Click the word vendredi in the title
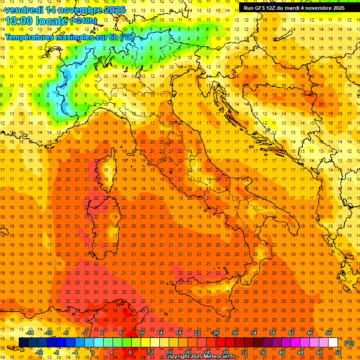(24, 10)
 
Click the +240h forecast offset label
(83, 21)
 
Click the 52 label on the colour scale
(338, 352)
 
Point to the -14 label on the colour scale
(30, 333)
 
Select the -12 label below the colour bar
(39, 352)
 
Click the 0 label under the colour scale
(93, 352)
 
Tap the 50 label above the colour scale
(329, 333)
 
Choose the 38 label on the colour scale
(272, 333)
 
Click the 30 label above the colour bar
(234, 333)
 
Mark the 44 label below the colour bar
(300, 352)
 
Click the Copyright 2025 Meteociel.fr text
(199, 357)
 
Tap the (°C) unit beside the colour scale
(349, 343)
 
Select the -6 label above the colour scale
(67, 333)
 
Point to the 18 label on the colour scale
(179, 333)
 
